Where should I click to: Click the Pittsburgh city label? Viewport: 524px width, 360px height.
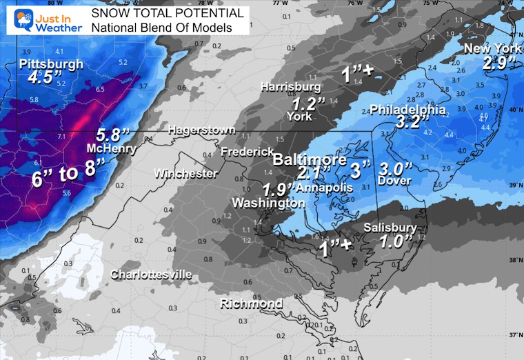pyautogui.click(x=52, y=64)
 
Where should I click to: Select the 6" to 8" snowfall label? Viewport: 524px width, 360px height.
pyautogui.click(x=68, y=172)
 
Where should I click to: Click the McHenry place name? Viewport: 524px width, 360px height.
pyautogui.click(x=105, y=149)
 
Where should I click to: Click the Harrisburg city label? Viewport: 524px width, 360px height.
pyautogui.click(x=290, y=87)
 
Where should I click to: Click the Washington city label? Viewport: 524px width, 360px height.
pyautogui.click(x=268, y=203)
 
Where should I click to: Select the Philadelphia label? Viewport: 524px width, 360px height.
pyautogui.click(x=408, y=110)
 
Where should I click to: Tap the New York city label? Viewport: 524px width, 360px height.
pyautogui.click(x=492, y=48)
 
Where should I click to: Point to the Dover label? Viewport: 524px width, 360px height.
pyautogui.click(x=395, y=181)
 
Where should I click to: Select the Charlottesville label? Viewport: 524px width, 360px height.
pyautogui.click(x=152, y=274)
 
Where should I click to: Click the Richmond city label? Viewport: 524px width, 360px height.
pyautogui.click(x=251, y=304)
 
